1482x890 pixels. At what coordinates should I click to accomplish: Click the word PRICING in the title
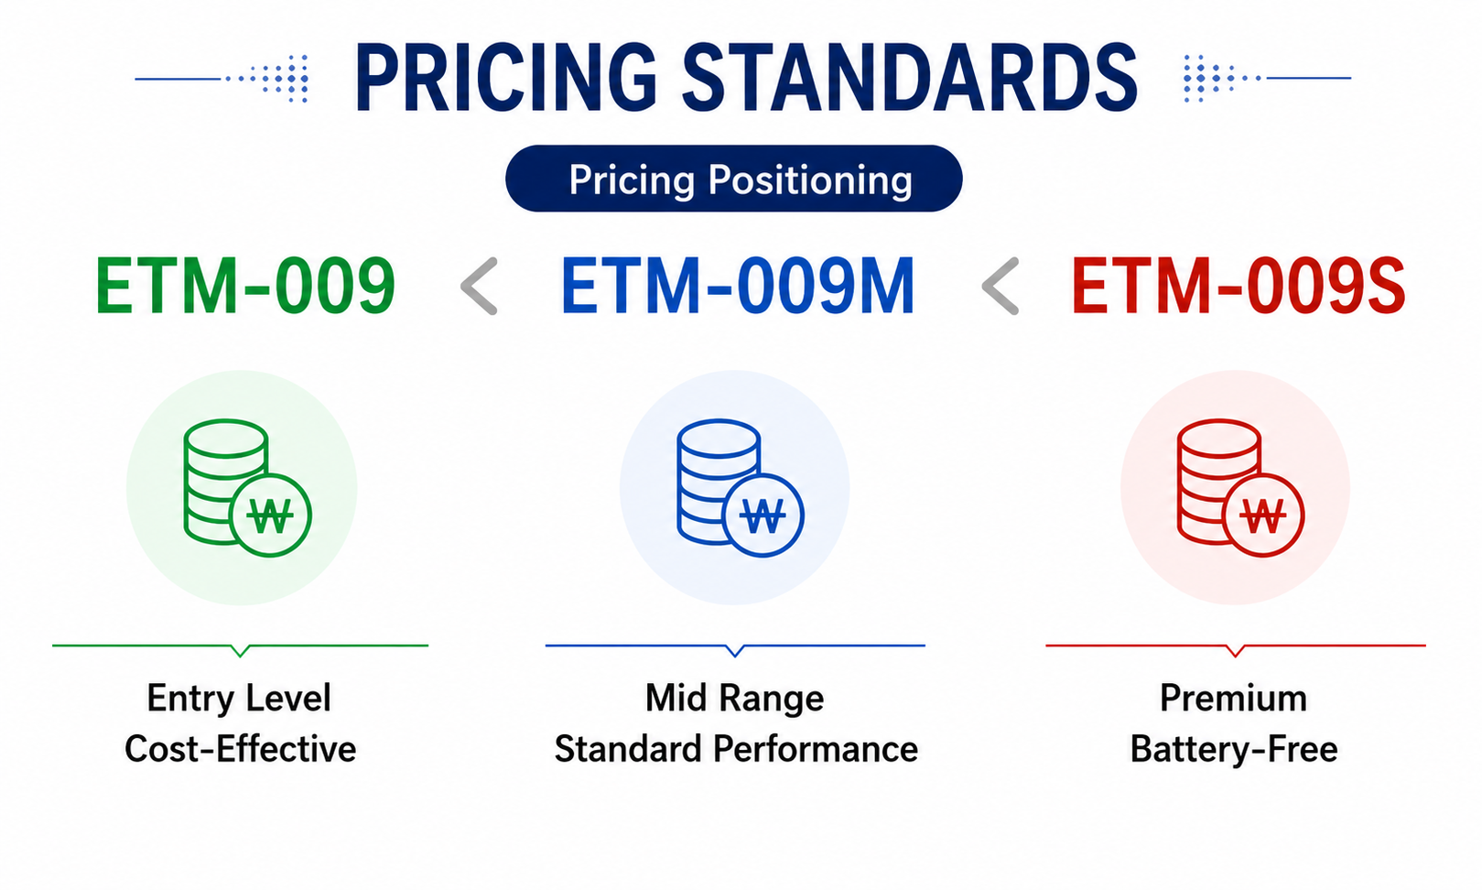506,78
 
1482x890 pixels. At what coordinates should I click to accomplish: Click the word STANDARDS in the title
910,78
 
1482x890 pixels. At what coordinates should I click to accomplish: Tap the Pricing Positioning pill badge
734,179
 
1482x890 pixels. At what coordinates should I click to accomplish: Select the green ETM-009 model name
245,286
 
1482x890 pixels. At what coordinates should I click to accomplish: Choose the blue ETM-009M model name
738,286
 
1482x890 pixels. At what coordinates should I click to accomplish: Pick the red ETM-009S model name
1238,286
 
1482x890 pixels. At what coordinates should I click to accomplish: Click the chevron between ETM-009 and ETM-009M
479,286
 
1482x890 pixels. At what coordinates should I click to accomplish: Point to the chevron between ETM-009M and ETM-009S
1001,286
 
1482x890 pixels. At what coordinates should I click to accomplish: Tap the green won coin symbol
270,516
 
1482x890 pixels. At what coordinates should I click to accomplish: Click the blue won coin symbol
763,516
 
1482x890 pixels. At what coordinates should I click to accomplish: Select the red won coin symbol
1263,516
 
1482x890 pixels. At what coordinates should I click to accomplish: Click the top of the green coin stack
225,438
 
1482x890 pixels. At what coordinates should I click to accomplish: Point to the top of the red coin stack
1218,438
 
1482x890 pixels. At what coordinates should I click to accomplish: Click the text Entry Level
239,699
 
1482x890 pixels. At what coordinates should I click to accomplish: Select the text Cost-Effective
240,749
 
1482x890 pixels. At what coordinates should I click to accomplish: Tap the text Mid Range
734,699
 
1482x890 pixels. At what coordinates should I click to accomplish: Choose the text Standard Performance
736,749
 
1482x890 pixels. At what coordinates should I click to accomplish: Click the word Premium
1234,698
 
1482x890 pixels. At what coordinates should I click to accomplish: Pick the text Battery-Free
1234,750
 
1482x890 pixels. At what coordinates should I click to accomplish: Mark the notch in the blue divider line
735,650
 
